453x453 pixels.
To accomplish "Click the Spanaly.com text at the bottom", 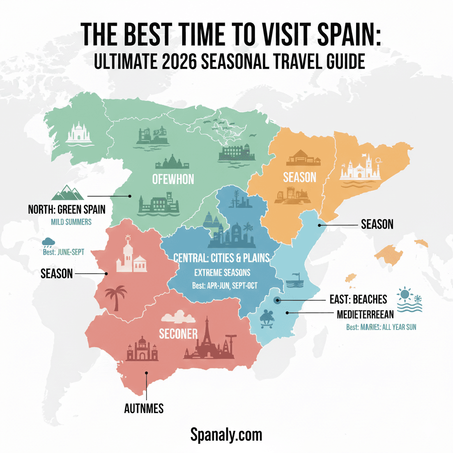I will (x=226, y=434).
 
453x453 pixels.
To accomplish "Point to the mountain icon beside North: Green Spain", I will (x=68, y=193).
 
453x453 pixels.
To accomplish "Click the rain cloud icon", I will (x=48, y=242).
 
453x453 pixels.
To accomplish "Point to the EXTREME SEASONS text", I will (x=222, y=272).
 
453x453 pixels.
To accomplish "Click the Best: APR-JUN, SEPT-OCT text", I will (x=224, y=285).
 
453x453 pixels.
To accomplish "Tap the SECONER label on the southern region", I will (x=178, y=334).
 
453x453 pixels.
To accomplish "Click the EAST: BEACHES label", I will (x=358, y=299).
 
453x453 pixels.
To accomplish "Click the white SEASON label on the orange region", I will (x=299, y=177).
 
